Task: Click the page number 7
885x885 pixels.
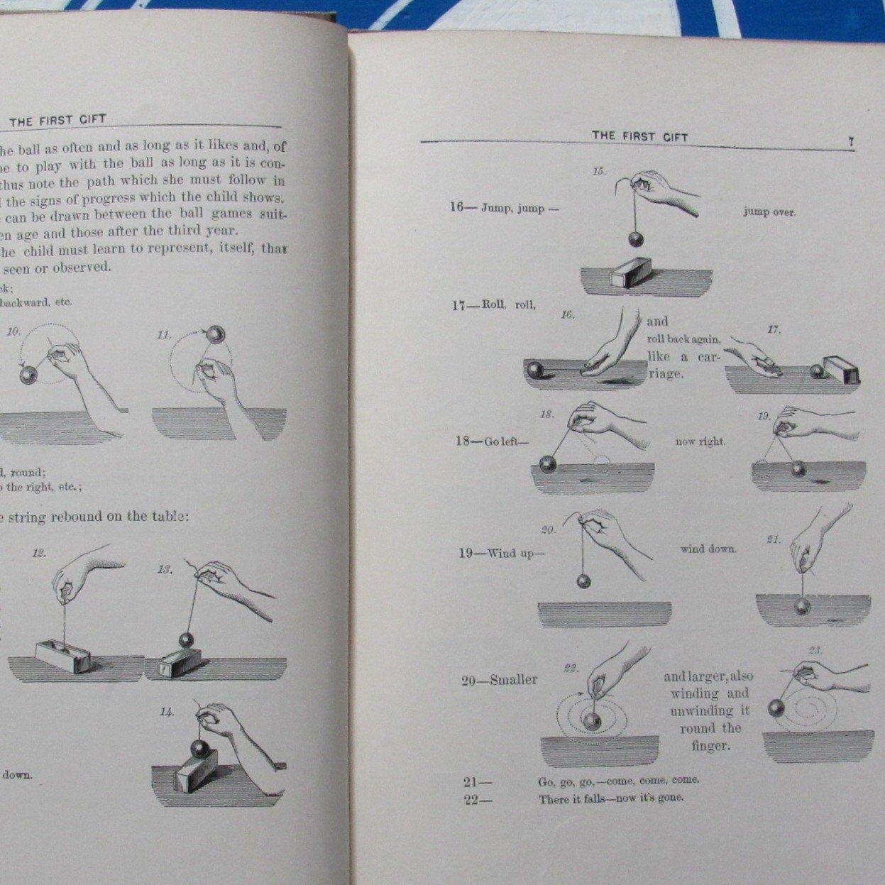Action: point(851,142)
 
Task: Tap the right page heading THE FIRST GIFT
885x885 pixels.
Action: point(640,136)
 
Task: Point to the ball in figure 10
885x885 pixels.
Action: point(28,373)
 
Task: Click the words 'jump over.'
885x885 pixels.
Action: point(769,211)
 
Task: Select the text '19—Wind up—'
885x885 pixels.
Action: point(501,553)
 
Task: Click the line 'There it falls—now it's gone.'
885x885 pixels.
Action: point(610,798)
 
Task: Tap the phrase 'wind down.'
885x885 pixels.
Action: point(708,549)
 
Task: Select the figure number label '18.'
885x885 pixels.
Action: point(546,414)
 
